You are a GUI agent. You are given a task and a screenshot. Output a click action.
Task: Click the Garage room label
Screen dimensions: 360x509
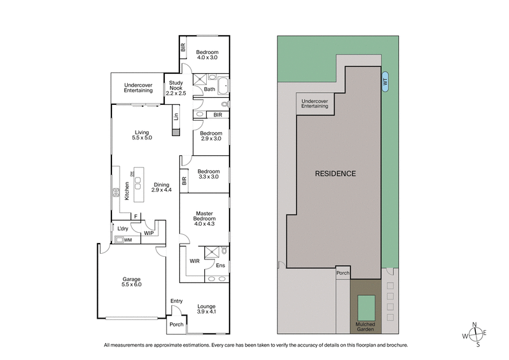tap(131, 282)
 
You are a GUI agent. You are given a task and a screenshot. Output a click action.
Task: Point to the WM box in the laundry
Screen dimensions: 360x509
tap(127, 240)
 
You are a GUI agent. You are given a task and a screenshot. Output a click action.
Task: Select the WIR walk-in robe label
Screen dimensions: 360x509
tap(195, 261)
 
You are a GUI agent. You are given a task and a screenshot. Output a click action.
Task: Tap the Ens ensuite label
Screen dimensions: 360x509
tap(220, 265)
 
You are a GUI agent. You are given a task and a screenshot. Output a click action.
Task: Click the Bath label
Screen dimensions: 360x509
tap(209, 90)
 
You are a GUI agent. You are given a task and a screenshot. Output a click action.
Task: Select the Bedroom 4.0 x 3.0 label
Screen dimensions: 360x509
tap(207, 55)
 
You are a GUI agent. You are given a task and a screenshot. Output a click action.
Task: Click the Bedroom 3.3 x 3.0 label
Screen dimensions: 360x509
tap(208, 174)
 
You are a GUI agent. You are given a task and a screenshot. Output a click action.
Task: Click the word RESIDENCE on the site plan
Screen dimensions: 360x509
tap(335, 174)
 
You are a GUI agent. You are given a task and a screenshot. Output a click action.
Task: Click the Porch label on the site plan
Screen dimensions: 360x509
tap(343, 273)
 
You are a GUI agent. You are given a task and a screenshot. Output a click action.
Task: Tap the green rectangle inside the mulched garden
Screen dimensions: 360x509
tap(366, 307)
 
